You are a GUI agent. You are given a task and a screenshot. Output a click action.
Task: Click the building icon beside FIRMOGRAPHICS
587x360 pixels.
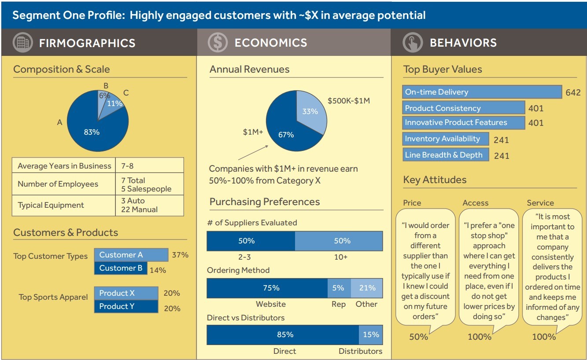pyautogui.click(x=23, y=43)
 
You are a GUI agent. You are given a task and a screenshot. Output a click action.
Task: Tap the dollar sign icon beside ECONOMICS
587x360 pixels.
pyautogui.click(x=218, y=43)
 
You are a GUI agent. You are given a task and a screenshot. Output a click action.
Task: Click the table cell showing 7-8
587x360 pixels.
pyautogui.click(x=149, y=166)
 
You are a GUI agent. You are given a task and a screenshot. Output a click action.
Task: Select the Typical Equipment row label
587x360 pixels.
pyautogui.click(x=51, y=205)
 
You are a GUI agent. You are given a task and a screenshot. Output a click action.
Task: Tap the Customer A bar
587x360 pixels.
pyautogui.click(x=131, y=255)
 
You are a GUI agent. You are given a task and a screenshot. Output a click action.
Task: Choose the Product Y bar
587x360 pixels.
pyautogui.click(x=126, y=306)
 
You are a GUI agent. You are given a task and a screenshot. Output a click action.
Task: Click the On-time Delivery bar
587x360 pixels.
pyautogui.click(x=482, y=92)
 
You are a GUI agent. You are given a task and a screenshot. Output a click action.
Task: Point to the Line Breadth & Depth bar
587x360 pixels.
pyautogui.click(x=445, y=155)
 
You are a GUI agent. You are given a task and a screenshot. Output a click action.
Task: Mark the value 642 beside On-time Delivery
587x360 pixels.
pyautogui.click(x=573, y=92)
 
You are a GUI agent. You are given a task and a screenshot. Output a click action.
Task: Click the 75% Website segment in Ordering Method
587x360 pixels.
pyautogui.click(x=267, y=288)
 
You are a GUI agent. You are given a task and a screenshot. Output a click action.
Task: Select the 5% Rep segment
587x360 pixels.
pyautogui.click(x=339, y=288)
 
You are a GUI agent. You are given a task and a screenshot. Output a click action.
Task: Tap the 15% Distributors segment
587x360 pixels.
pyautogui.click(x=371, y=334)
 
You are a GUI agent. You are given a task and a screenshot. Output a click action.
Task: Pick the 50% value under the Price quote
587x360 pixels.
pyautogui.click(x=418, y=337)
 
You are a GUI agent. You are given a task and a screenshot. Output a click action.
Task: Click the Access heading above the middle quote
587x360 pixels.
pyautogui.click(x=475, y=203)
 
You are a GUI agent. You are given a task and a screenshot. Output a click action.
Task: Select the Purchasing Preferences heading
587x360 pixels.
pyautogui.click(x=264, y=202)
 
